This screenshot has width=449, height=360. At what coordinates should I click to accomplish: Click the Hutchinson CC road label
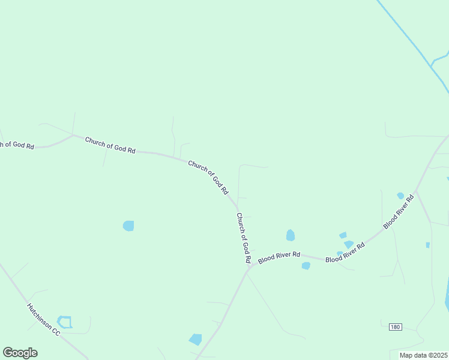[x=44, y=319]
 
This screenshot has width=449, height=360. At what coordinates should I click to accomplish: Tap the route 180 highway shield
[x=395, y=326]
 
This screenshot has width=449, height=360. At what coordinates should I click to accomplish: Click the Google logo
[x=20, y=353]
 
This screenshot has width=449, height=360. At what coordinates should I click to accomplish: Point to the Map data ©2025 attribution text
[x=423, y=355]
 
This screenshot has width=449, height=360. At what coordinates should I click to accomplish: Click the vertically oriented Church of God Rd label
[x=243, y=238]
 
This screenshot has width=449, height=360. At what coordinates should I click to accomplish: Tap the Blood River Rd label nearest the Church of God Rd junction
[x=279, y=257]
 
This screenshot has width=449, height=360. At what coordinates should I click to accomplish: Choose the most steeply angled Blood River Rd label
[x=399, y=211]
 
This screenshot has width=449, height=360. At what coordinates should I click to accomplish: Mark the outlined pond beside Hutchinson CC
[x=64, y=322]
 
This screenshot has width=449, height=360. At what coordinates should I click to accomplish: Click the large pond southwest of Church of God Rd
[x=128, y=226]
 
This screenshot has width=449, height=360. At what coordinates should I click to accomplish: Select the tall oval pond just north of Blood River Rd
[x=291, y=235]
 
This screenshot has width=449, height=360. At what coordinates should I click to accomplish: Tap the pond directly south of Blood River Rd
[x=306, y=265]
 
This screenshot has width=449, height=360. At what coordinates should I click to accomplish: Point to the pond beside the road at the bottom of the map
[x=196, y=339]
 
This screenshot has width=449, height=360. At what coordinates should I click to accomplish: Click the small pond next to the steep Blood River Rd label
[x=400, y=196]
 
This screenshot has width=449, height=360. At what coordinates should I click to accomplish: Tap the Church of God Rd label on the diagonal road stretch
[x=208, y=176]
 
